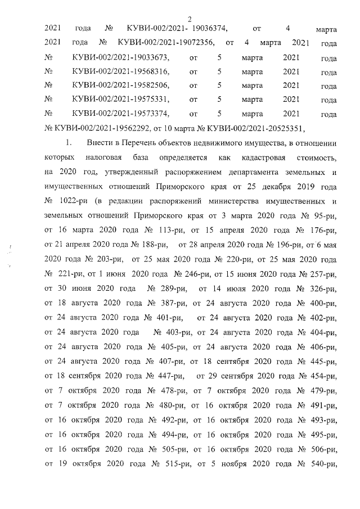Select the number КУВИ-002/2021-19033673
[121, 57]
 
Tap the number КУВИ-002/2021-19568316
[121, 72]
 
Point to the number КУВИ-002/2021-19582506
[121, 85]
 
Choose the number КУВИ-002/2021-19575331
[121, 100]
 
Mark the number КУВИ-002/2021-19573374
[121, 114]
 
